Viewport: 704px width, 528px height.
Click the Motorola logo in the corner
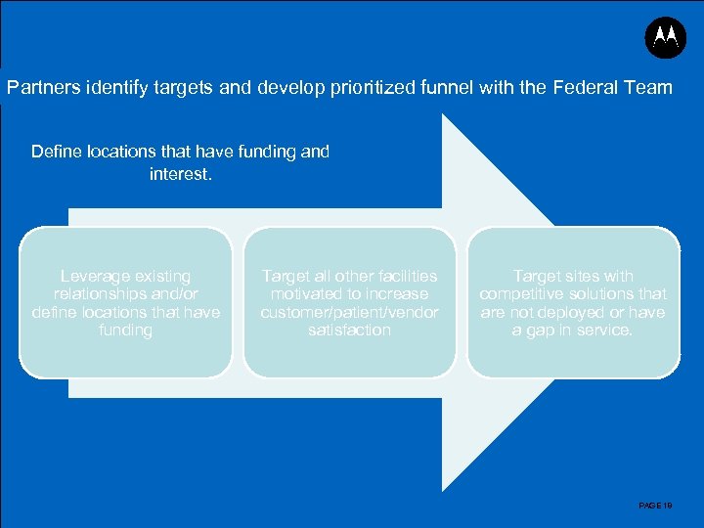[666, 37]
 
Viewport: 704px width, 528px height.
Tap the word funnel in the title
[442, 88]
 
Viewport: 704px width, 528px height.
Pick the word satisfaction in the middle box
[349, 330]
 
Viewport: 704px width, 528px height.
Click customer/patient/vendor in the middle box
[349, 313]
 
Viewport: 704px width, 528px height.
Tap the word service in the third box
[603, 330]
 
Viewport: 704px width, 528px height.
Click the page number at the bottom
[654, 506]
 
